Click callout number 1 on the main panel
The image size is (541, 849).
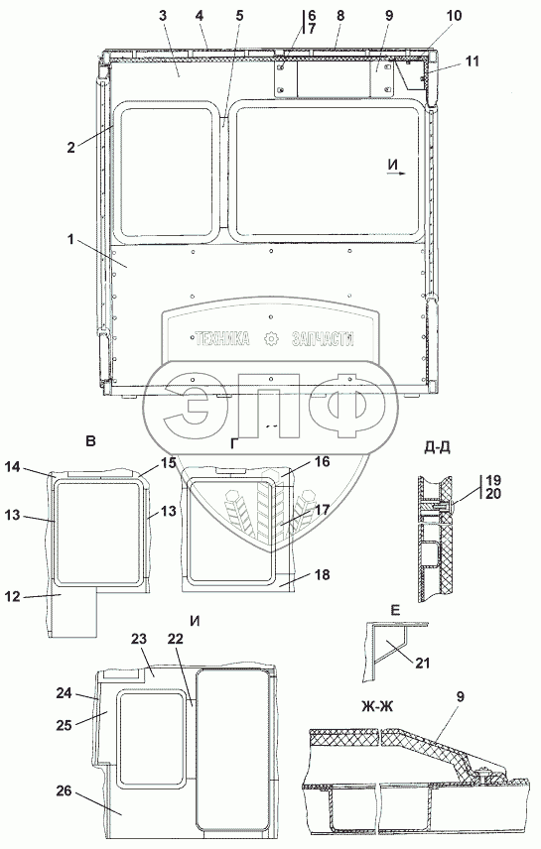pyautogui.click(x=71, y=239)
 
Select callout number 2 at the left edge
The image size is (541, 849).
pyautogui.click(x=71, y=147)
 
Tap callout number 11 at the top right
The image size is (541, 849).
pyautogui.click(x=473, y=61)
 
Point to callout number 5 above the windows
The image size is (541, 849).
pyautogui.click(x=239, y=16)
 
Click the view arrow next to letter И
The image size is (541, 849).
pyautogui.click(x=397, y=174)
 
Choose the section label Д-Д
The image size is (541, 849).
pyautogui.click(x=438, y=447)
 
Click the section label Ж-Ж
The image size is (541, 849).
pyautogui.click(x=377, y=706)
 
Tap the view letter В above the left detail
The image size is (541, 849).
pyautogui.click(x=90, y=441)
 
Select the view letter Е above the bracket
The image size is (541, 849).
pyautogui.click(x=395, y=611)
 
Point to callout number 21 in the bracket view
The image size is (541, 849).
pyautogui.click(x=422, y=662)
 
